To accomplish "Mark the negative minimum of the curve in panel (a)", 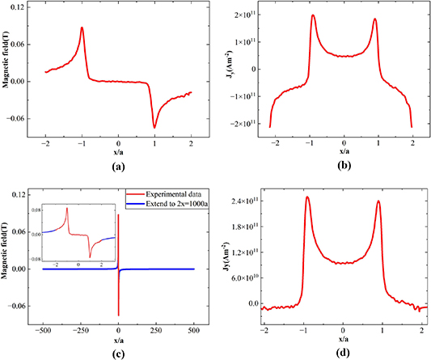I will tap(155, 127).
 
